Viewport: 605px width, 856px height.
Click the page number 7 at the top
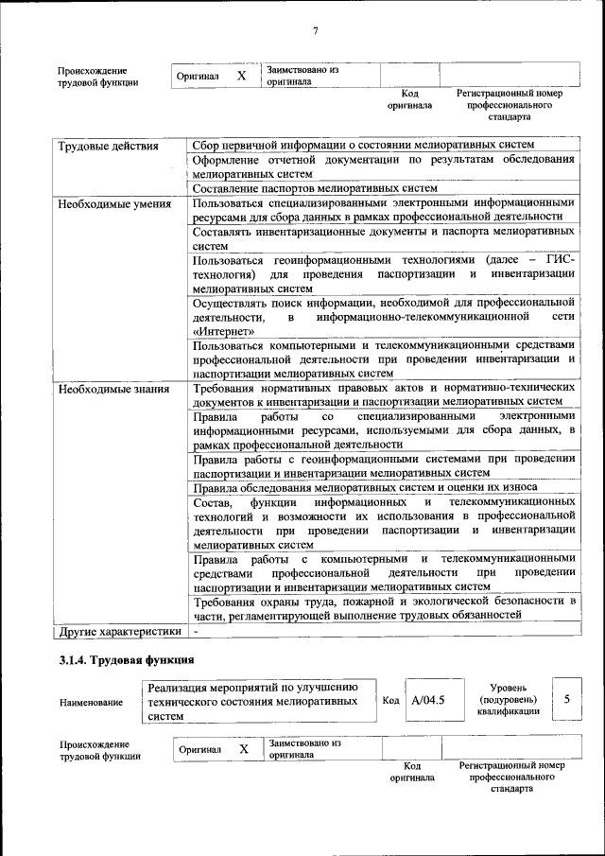pyautogui.click(x=315, y=32)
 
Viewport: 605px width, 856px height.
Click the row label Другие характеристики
pyautogui.click(x=120, y=630)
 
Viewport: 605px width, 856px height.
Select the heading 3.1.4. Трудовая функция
pyautogui.click(x=127, y=659)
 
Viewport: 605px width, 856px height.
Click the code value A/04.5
pyautogui.click(x=428, y=701)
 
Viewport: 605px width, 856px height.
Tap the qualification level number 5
pyautogui.click(x=566, y=699)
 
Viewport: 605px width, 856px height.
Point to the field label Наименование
pyautogui.click(x=91, y=702)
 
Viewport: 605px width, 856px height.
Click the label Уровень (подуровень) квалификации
pyautogui.click(x=508, y=699)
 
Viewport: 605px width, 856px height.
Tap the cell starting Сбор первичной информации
pyautogui.click(x=363, y=145)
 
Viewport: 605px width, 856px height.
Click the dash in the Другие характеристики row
pyautogui.click(x=196, y=630)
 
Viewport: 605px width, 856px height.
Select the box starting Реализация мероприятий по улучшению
pyautogui.click(x=258, y=701)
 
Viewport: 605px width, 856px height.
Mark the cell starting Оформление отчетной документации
pyautogui.click(x=383, y=166)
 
